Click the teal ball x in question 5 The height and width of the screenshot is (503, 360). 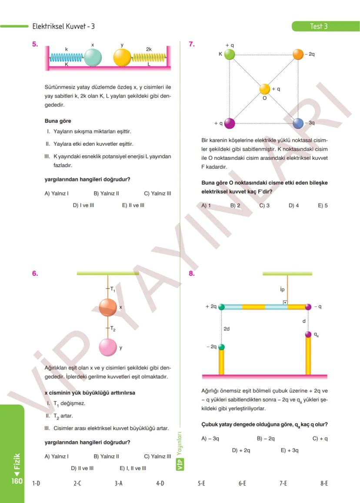tap(93, 57)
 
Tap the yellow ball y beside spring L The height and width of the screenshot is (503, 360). tap(122, 57)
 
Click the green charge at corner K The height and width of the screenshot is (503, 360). tap(230, 54)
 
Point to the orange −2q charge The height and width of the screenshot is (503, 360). tap(298, 54)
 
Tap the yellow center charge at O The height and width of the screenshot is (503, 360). tap(265, 89)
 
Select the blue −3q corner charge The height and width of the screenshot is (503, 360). tap(298, 123)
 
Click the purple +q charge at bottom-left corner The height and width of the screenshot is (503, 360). tap(230, 123)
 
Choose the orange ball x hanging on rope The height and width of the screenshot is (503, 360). tap(107, 307)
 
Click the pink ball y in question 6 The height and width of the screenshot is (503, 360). tap(107, 347)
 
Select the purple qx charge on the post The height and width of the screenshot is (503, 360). tap(308, 334)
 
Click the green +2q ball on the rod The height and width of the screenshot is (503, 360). tap(221, 307)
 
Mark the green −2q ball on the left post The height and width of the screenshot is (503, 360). tap(221, 347)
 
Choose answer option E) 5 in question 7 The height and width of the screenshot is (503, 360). tap(323, 205)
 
